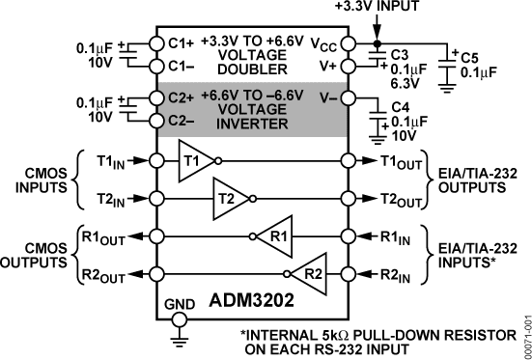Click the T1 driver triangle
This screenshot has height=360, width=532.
[x=191, y=160]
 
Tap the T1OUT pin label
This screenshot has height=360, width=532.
[x=398, y=160]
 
